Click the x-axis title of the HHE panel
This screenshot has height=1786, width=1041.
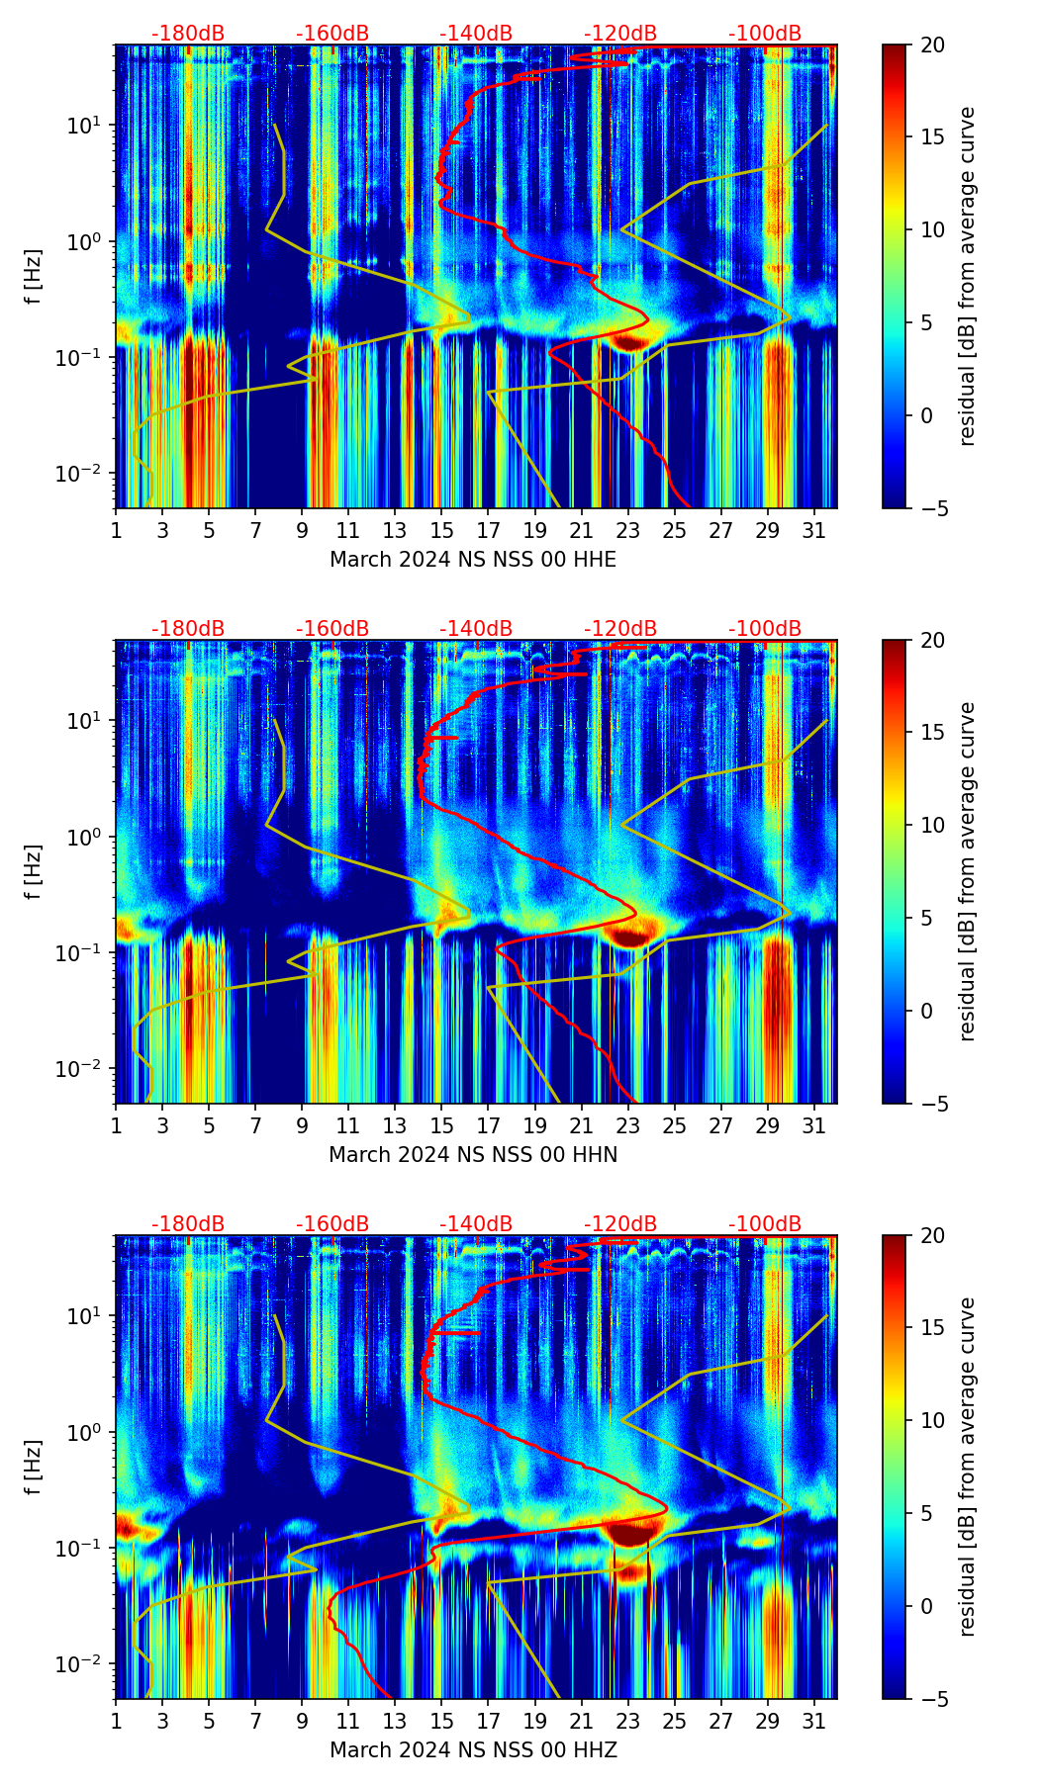tap(472, 560)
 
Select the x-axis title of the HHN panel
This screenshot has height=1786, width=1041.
tap(472, 1155)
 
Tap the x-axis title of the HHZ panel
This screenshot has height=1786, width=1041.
tap(472, 1750)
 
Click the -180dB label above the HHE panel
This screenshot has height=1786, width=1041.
tap(188, 34)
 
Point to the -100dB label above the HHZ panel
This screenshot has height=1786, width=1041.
tap(765, 1224)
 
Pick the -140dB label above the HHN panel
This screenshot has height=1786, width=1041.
tap(476, 629)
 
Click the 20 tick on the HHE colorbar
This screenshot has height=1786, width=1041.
tap(932, 45)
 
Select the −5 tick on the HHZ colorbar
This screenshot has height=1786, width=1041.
tap(932, 1699)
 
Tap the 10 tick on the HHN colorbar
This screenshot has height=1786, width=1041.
tap(932, 825)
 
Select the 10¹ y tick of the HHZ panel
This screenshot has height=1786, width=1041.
tap(83, 1316)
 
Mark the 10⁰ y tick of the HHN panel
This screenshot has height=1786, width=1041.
tap(83, 838)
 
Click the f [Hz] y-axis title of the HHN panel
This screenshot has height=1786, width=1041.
tap(34, 871)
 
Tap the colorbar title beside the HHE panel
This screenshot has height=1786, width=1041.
tap(968, 276)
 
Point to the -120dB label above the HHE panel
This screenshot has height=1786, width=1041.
tap(620, 34)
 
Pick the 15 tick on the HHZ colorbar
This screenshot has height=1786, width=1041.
tap(932, 1328)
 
